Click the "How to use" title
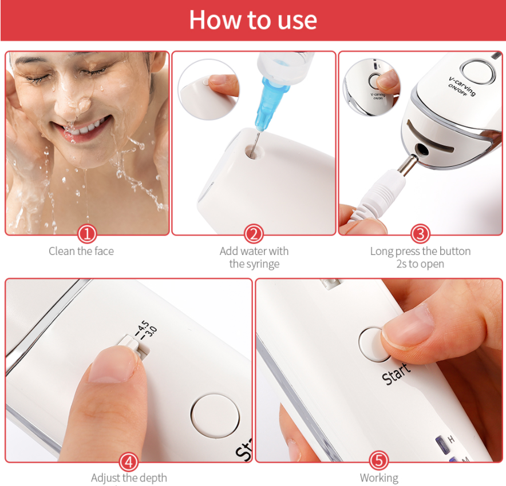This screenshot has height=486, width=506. click(x=253, y=20)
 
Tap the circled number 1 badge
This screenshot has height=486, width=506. click(x=87, y=234)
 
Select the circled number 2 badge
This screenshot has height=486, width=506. click(x=254, y=234)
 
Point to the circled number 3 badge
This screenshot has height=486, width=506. click(x=420, y=234)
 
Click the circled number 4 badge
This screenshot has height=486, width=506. click(x=129, y=462)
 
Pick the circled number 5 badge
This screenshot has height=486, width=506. click(x=379, y=460)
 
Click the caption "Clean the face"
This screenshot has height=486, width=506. click(x=81, y=251)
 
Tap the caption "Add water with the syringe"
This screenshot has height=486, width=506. click(x=254, y=257)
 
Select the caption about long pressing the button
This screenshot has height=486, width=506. click(x=420, y=257)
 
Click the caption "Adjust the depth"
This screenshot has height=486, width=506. click(x=129, y=477)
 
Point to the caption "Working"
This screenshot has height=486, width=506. click(x=379, y=477)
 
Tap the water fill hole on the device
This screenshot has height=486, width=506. click(x=254, y=152)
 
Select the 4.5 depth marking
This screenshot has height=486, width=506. click(x=143, y=328)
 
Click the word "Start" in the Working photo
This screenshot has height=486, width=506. click(x=396, y=374)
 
